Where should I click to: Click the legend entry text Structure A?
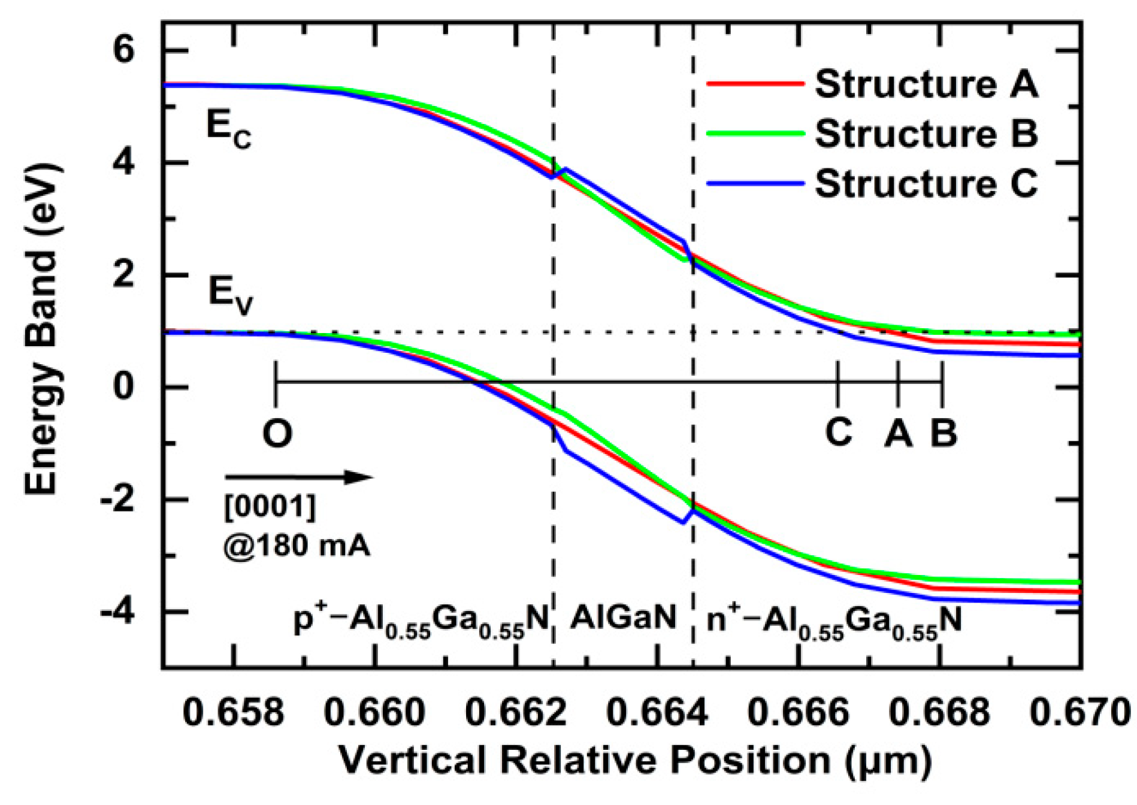click(926, 84)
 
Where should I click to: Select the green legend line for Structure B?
click(755, 134)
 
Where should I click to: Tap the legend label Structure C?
click(926, 183)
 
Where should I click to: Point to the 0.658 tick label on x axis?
click(233, 713)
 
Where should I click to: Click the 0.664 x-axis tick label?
click(657, 713)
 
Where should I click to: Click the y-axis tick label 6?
click(124, 51)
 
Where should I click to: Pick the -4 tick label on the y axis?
click(116, 612)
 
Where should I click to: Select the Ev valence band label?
click(230, 295)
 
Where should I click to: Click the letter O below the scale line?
click(277, 433)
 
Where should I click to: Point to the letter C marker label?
click(838, 431)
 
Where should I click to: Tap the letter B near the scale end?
click(944, 432)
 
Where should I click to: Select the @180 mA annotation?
click(297, 546)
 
